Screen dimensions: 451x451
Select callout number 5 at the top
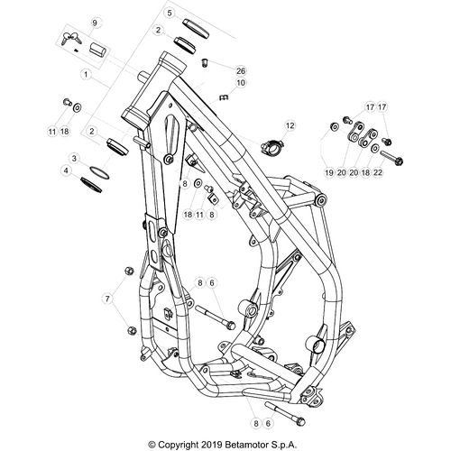169,13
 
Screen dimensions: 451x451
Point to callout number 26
240,69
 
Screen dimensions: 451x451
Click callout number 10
240,83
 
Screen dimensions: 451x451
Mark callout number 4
65,170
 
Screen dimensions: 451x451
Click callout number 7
111,298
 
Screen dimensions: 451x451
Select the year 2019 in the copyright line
210,444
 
